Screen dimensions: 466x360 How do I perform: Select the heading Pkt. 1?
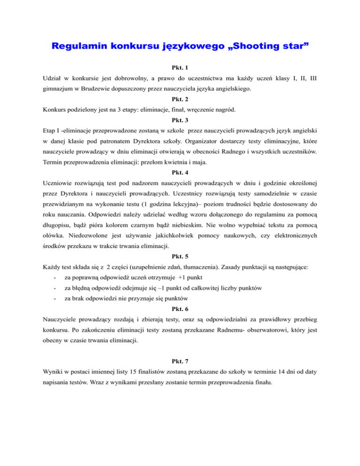(x=180, y=68)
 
